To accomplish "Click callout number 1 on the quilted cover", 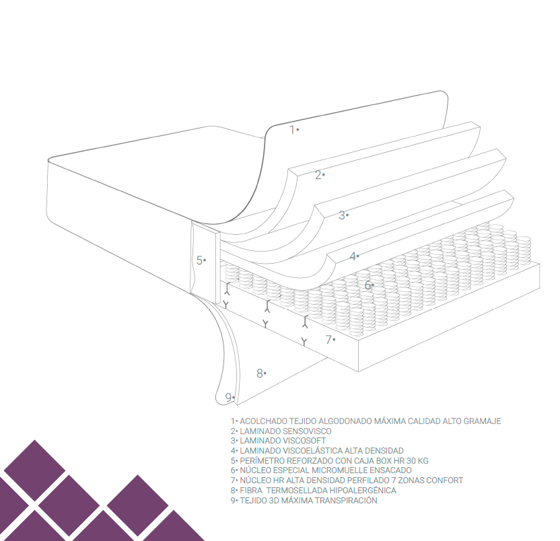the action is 293,130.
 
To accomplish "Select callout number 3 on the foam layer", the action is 342,215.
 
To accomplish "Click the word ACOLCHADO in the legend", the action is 263,421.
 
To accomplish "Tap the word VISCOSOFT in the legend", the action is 303,441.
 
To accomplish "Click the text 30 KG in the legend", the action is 417,461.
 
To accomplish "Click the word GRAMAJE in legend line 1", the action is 482,421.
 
